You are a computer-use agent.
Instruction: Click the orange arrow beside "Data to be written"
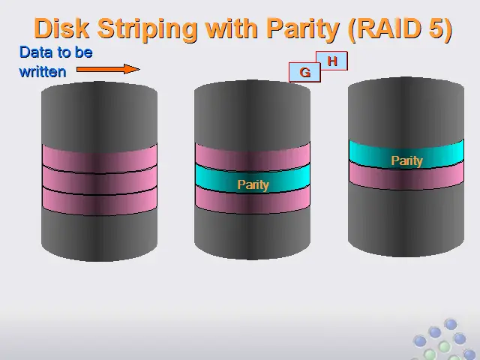108,69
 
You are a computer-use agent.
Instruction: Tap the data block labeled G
304,73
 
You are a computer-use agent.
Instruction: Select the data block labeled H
332,61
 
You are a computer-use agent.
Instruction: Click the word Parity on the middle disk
253,184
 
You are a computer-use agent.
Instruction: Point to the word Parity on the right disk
406,160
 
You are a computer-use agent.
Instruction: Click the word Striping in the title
148,29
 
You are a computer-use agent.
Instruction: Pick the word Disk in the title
61,28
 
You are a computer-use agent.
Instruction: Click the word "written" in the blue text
43,72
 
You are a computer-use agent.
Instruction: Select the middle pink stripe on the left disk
100,180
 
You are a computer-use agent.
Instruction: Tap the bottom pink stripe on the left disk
100,201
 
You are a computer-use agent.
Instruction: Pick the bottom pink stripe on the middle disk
253,199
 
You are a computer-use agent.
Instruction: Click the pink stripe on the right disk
406,175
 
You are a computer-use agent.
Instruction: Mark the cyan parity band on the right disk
406,154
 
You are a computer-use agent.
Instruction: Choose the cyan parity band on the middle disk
253,178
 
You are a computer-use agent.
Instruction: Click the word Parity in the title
302,29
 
